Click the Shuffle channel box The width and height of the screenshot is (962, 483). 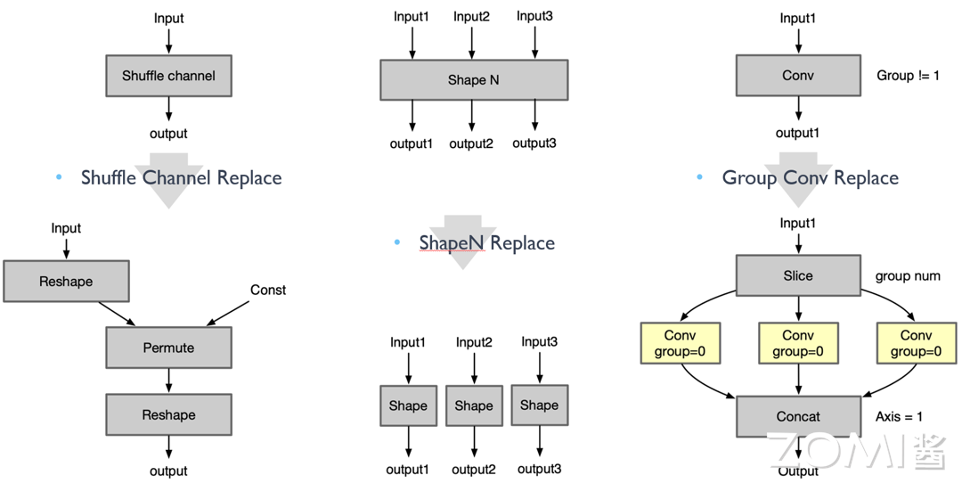tap(168, 76)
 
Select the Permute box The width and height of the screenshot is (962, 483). tap(168, 348)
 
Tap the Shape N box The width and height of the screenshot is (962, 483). tap(474, 80)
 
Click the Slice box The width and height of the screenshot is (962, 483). tap(798, 276)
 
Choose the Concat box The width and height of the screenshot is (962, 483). tap(798, 415)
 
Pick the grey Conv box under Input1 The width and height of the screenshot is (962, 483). tap(798, 76)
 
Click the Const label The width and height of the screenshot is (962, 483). tap(268, 290)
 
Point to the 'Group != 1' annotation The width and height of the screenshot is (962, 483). tap(908, 76)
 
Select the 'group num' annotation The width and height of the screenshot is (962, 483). tap(908, 276)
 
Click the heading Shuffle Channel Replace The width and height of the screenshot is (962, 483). tap(181, 178)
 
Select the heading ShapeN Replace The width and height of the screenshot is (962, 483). tap(487, 243)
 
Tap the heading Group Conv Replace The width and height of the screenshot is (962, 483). tap(810, 178)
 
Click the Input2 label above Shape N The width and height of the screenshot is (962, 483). tap(471, 16)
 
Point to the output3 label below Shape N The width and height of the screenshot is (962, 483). tap(534, 143)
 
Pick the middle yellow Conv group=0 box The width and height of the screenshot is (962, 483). tap(798, 343)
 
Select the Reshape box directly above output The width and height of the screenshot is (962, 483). tap(168, 414)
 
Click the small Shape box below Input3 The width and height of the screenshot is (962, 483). tap(539, 405)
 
